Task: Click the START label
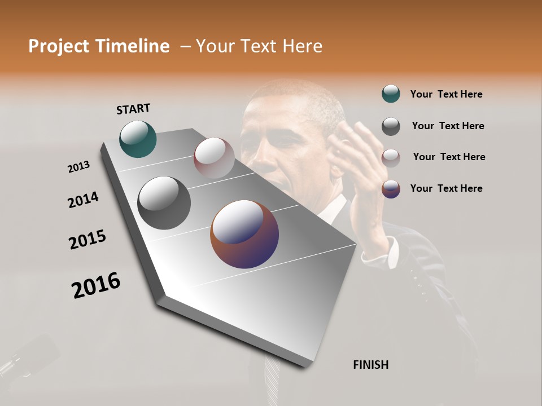point(133,109)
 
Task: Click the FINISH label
point(371,365)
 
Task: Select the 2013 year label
point(78,167)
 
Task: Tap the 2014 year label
point(84,200)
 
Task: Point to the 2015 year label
point(88,239)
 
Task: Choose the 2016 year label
point(96,285)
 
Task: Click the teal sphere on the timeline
point(138,139)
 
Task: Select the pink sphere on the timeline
point(214,157)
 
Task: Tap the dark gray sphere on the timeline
point(164,203)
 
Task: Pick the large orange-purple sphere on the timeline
point(244,234)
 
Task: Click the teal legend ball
point(391,94)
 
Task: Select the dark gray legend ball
point(391,126)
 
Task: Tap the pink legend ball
point(391,158)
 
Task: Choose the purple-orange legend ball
point(391,189)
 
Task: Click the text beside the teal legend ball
point(446,94)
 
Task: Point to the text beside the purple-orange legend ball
point(446,188)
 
